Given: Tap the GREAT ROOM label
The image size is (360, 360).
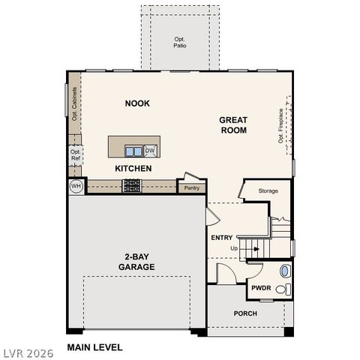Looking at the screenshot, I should (x=233, y=125).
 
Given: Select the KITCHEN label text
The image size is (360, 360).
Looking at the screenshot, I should (x=133, y=169).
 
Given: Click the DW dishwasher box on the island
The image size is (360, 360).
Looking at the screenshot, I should (x=150, y=150).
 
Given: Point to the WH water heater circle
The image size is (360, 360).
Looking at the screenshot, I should (x=76, y=185).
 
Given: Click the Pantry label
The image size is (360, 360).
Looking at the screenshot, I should (x=191, y=187).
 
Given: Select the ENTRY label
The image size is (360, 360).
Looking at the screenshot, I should (x=222, y=238).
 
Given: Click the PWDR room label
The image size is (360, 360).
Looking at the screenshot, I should (x=261, y=287).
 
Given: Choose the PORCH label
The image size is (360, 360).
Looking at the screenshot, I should (x=245, y=313).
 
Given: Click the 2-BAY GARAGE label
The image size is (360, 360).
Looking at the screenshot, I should (x=136, y=262).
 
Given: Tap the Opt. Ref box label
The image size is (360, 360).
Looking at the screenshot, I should (x=76, y=155).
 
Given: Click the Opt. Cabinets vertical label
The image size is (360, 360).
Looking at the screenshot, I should (x=75, y=103).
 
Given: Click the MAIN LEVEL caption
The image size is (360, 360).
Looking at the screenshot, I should (x=94, y=347).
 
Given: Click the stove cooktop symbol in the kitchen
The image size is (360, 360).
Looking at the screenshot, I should (x=132, y=184).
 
